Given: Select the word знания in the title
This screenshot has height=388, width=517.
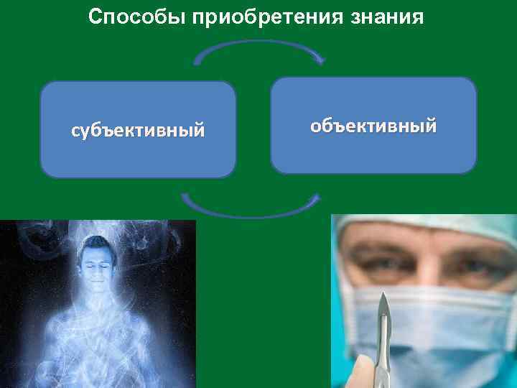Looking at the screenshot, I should (x=391, y=17).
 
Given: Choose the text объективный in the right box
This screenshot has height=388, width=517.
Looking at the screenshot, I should (x=373, y=126).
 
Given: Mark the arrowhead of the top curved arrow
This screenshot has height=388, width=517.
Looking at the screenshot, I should (x=320, y=60).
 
